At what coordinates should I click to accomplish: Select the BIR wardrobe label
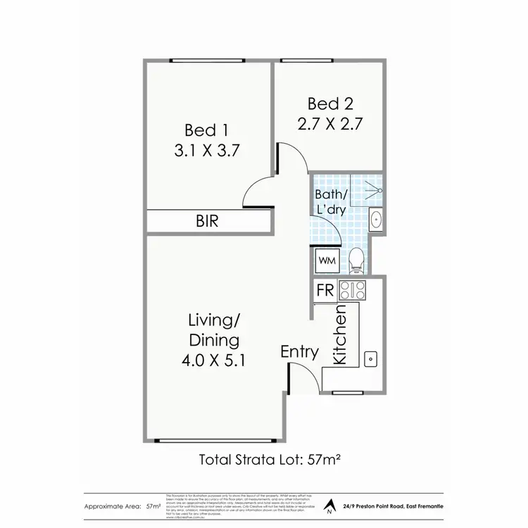[207, 221]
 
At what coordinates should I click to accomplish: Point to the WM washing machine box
[327, 260]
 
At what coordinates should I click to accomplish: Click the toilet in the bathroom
[356, 260]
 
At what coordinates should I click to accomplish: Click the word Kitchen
[340, 334]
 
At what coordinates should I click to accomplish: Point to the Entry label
[299, 351]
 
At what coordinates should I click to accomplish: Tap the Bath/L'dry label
[330, 201]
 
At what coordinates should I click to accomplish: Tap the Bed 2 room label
[329, 104]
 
